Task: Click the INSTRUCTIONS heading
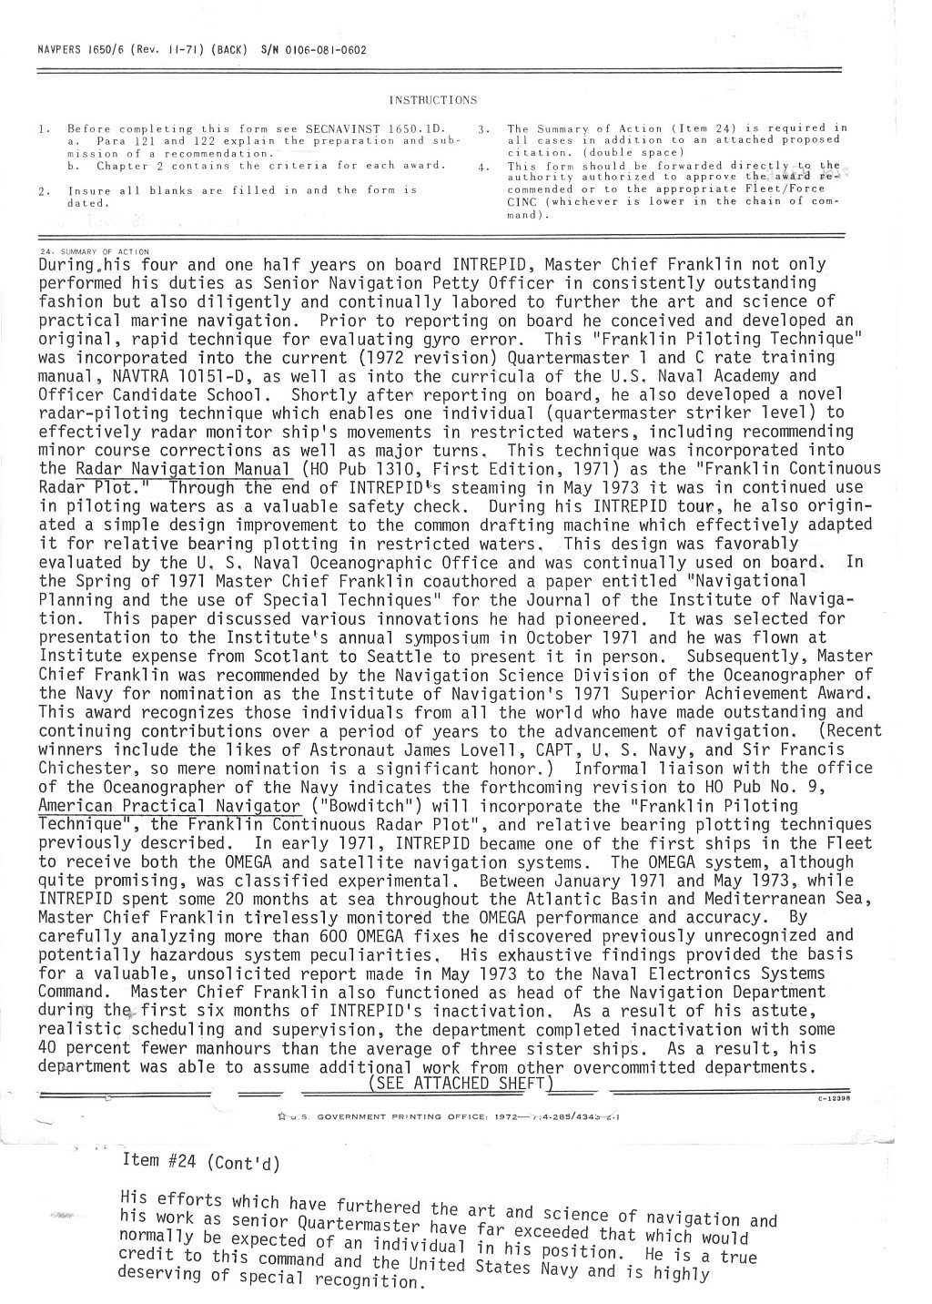pyautogui.click(x=433, y=100)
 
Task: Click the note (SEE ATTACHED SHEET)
pyautogui.click(x=461, y=1083)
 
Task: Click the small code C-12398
pyautogui.click(x=832, y=1099)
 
